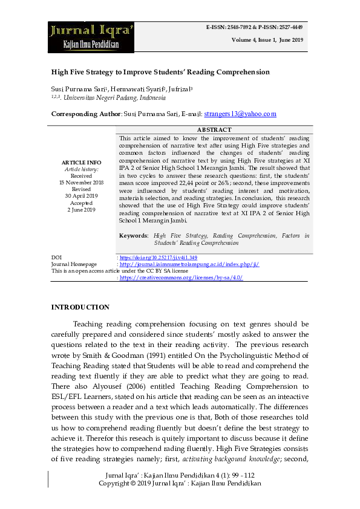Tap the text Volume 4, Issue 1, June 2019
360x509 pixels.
pyautogui.click(x=266, y=40)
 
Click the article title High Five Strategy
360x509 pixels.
pyautogui.click(x=160, y=72)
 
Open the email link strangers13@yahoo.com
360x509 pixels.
pyautogui.click(x=223, y=114)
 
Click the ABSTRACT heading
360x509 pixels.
pyautogui.click(x=214, y=130)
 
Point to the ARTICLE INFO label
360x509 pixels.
pyautogui.click(x=81, y=163)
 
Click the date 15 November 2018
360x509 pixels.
pyautogui.click(x=81, y=182)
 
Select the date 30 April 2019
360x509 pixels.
pyautogui.click(x=81, y=196)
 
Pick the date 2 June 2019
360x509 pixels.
pyautogui.click(x=81, y=210)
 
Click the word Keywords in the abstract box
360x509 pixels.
pyautogui.click(x=134, y=235)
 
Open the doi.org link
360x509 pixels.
pyautogui.click(x=159, y=258)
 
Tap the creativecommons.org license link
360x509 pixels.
pyautogui.click(x=172, y=277)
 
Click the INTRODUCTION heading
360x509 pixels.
pyautogui.click(x=80, y=307)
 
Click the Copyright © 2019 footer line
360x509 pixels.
pyautogui.click(x=180, y=484)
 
